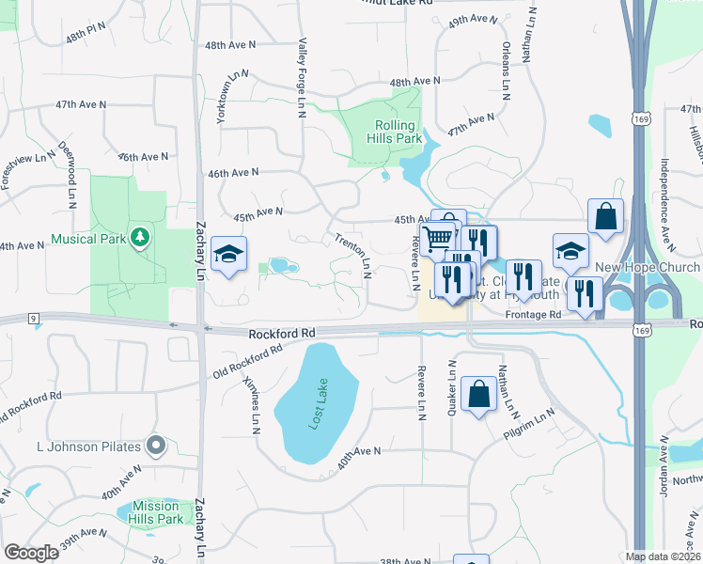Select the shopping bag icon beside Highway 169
(606, 215)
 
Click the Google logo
(32, 552)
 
